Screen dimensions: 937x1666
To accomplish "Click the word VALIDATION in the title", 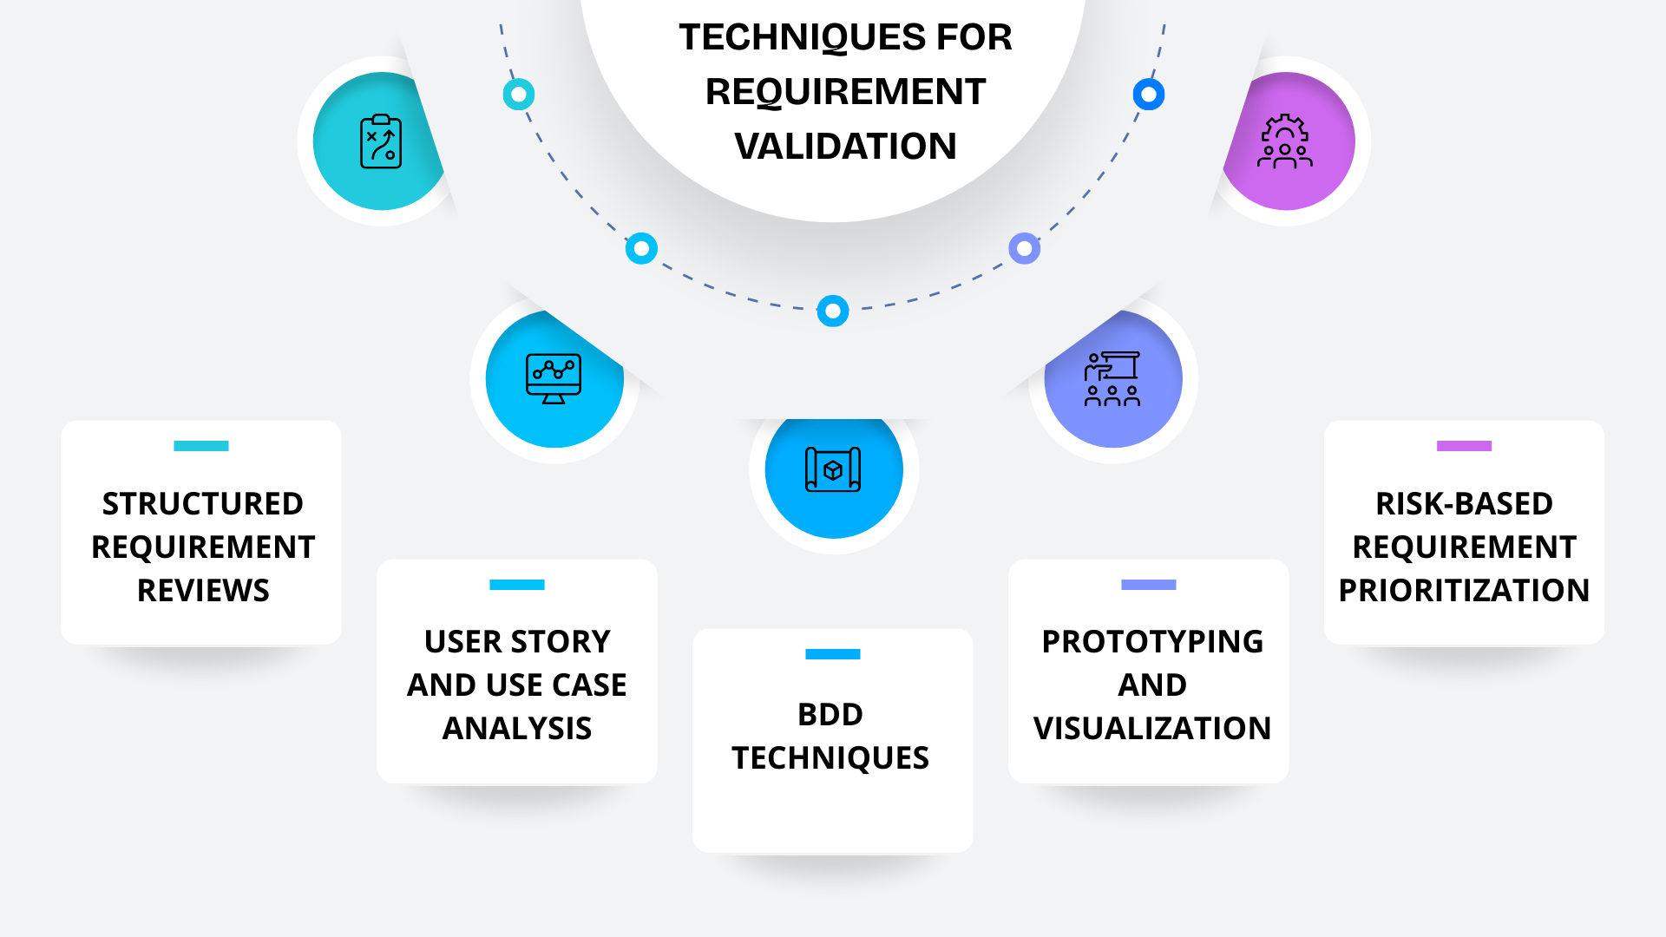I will click(845, 146).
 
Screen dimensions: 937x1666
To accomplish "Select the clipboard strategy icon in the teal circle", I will click(381, 141).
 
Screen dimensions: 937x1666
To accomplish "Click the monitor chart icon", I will click(554, 378).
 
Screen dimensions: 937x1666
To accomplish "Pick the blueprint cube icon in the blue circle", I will click(833, 469).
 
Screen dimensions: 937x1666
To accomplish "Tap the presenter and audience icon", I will click(1112, 379).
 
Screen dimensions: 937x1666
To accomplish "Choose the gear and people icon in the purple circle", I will click(1285, 141).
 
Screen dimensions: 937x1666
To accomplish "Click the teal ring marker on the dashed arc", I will click(519, 95).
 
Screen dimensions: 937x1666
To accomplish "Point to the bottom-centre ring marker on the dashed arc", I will click(833, 311).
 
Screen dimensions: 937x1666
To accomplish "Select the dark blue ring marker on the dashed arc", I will click(1149, 95).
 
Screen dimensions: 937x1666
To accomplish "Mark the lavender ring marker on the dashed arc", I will click(1025, 249).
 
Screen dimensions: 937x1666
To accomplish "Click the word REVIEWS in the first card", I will click(203, 591).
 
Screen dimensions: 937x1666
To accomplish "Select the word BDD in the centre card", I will click(830, 715).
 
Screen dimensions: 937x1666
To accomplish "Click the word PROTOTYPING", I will click(1152, 642).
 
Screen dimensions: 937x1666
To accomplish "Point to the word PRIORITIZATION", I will click(1464, 591).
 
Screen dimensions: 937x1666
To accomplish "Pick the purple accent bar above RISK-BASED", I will click(1464, 446).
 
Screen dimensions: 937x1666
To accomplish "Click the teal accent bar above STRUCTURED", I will click(201, 446).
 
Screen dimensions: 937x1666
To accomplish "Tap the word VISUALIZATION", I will click(1152, 729).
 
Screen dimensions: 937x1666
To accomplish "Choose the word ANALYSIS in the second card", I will click(517, 729).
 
